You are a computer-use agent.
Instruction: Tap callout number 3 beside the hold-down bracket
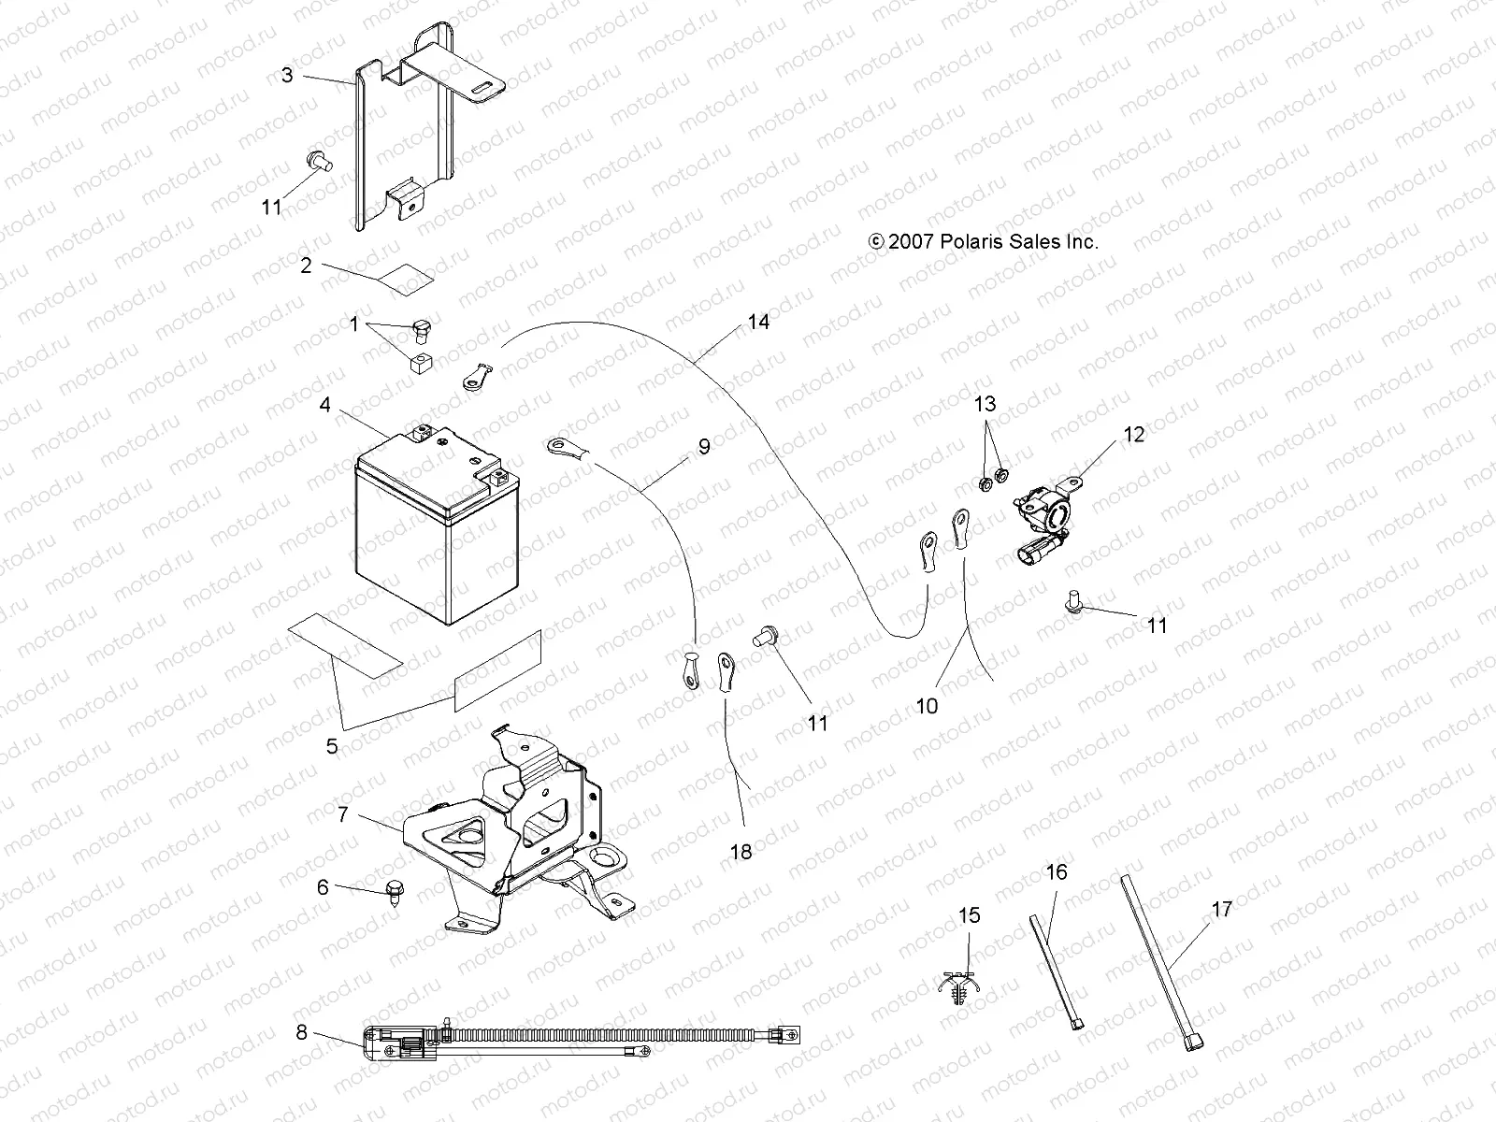287,75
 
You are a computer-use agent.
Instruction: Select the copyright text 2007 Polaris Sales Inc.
984,241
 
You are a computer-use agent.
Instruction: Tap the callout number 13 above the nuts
985,404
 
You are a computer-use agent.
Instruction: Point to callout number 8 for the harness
301,1033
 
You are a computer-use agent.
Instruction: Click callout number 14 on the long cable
758,322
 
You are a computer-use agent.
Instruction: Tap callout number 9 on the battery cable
703,446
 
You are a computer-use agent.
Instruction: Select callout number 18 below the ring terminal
741,852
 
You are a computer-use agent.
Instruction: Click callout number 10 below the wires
926,706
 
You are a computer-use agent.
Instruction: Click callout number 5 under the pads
332,746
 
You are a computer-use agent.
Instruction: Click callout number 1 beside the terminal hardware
353,324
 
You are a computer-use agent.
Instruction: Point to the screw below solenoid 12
1075,603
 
